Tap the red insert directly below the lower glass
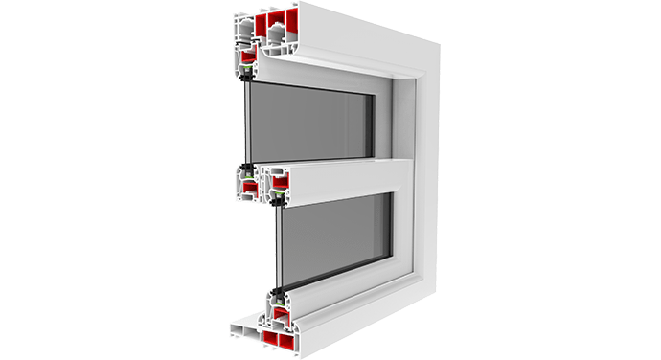(x=279, y=313)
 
